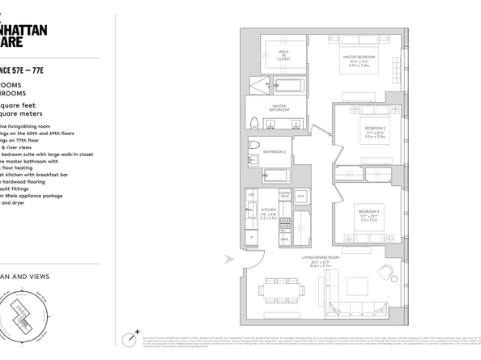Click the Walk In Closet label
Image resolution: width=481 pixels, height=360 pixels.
point(284,56)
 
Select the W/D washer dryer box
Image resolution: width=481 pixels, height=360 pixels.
point(300,196)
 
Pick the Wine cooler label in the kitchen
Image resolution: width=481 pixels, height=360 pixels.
point(285,239)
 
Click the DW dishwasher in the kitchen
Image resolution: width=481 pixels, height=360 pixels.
point(252,197)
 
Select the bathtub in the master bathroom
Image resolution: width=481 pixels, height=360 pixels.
point(289,83)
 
